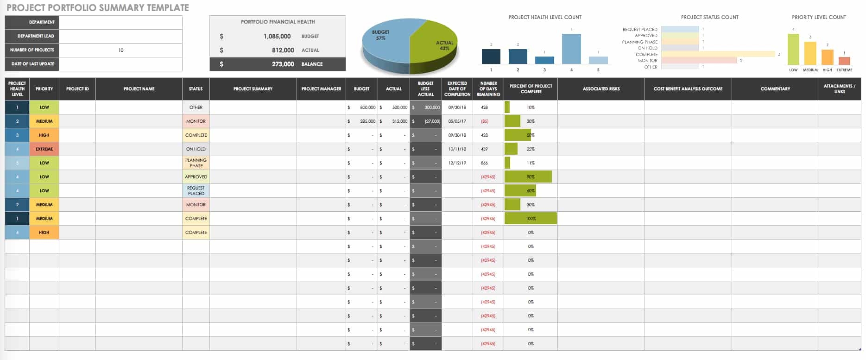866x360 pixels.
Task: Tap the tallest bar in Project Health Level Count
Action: click(571, 49)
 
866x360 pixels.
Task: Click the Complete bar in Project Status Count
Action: click(718, 54)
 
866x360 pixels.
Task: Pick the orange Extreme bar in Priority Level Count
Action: click(844, 61)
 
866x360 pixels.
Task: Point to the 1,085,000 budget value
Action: click(277, 36)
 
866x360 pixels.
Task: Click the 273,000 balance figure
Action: click(283, 64)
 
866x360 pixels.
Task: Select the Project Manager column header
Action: click(321, 88)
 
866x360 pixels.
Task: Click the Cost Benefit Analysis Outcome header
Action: click(688, 88)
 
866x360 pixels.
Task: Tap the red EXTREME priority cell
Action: click(44, 149)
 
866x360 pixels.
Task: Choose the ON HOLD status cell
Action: click(196, 149)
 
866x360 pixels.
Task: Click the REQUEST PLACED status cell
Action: click(196, 190)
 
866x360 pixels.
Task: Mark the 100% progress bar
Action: click(531, 218)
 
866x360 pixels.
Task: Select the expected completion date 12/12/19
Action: click(457, 163)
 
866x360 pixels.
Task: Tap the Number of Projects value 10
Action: click(120, 50)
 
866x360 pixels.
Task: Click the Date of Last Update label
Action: click(32, 64)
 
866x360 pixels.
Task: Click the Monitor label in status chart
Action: click(647, 61)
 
